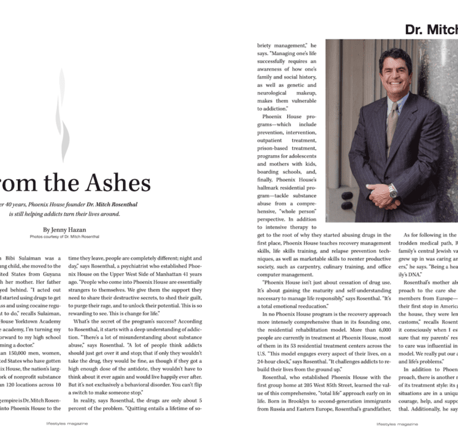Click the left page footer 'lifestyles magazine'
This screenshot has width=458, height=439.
click(x=66, y=424)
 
